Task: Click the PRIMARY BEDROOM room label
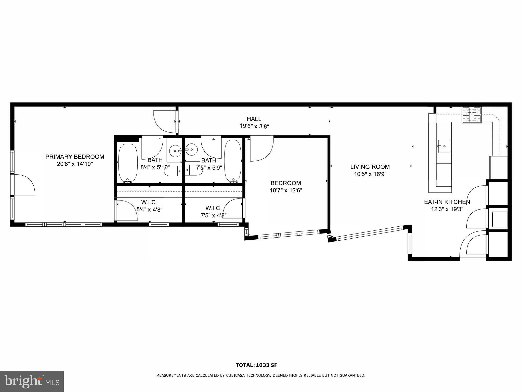(75, 157)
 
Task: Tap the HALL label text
(254, 119)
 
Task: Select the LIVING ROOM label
(370, 167)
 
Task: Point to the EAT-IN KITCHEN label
(447, 202)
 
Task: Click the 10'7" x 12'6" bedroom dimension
(286, 190)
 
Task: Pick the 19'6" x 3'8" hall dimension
(254, 126)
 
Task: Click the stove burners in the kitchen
(472, 115)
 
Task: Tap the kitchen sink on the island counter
(444, 146)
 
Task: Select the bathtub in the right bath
(233, 162)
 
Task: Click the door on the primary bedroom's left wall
(24, 185)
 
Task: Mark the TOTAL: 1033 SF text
(256, 365)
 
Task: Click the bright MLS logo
(32, 382)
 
